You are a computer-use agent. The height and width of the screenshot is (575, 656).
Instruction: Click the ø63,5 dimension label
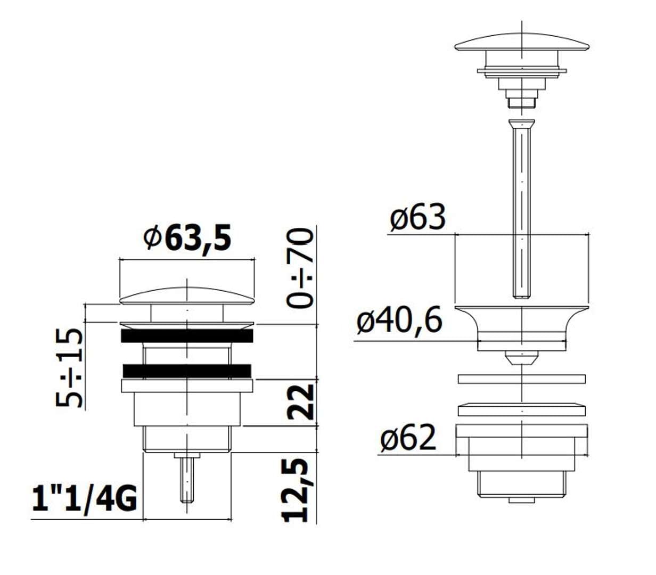[x=187, y=239]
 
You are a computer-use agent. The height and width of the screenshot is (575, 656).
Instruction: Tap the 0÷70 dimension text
[x=299, y=268]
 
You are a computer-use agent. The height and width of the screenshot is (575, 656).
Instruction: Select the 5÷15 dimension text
[x=69, y=368]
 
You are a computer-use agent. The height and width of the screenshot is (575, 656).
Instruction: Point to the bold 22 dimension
[x=300, y=402]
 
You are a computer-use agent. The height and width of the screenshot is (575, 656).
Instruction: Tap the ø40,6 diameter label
[x=399, y=321]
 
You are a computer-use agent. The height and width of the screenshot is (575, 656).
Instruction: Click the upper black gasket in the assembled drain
[x=187, y=336]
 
